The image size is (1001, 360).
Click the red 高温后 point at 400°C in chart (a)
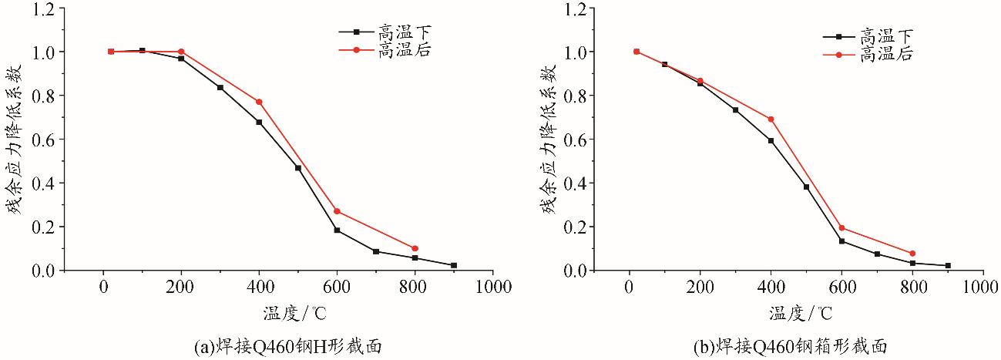pyautogui.click(x=259, y=102)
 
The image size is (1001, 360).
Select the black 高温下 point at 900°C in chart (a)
pyautogui.click(x=453, y=265)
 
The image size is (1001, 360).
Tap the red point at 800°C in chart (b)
pyautogui.click(x=912, y=254)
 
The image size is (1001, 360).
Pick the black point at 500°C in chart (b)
pyautogui.click(x=806, y=187)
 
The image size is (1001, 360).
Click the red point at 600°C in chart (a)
pyautogui.click(x=337, y=211)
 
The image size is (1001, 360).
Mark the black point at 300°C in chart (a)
pyautogui.click(x=220, y=88)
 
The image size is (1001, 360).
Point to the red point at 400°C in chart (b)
pyautogui.click(x=771, y=119)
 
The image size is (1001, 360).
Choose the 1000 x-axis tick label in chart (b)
pyautogui.click(x=983, y=288)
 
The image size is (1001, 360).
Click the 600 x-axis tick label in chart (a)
pyautogui.click(x=337, y=288)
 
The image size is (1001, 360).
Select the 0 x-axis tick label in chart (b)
pyautogui.click(x=630, y=288)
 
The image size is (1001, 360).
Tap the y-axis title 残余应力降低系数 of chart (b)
pyautogui.click(x=550, y=139)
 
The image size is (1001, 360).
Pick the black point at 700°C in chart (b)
pyautogui.click(x=877, y=254)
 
